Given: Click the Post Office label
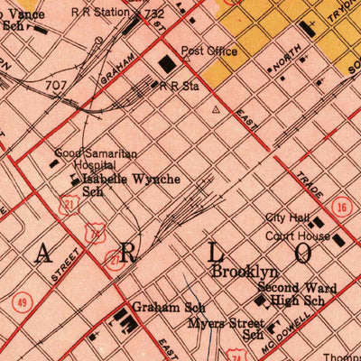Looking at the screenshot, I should pos(209,51).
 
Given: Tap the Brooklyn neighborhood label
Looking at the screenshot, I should pos(245,271).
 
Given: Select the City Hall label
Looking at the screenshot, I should pos(287,218).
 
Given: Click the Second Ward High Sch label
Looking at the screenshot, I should pos(296,294).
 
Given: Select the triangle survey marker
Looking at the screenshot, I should pos(215,110).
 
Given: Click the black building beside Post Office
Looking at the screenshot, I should pos(168,63).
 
